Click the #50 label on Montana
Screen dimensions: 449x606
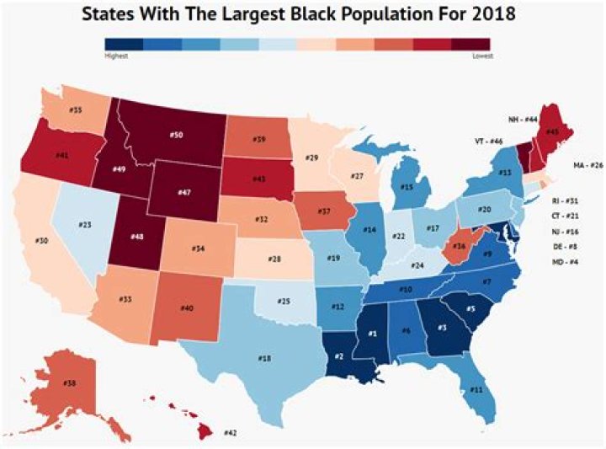(176, 135)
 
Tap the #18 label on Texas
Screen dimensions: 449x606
(265, 358)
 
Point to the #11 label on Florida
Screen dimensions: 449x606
(476, 390)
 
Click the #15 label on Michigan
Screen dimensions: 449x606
(406, 187)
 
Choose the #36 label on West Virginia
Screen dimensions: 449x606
(459, 246)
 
